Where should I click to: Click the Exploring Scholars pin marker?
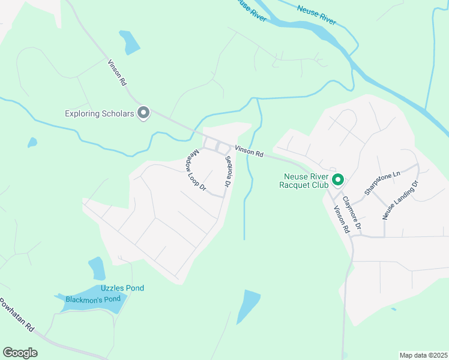pyautogui.click(x=143, y=112)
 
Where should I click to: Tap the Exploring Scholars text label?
pyautogui.click(x=99, y=113)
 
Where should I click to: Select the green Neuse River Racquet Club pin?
pyautogui.click(x=338, y=179)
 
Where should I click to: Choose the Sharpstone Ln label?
pyautogui.click(x=382, y=184)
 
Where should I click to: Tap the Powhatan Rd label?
pyautogui.click(x=17, y=315)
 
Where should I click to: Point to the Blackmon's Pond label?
pyautogui.click(x=94, y=299)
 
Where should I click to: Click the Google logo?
pyautogui.click(x=20, y=352)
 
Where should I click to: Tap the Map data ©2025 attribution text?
pyautogui.click(x=423, y=355)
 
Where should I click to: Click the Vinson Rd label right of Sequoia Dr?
pyautogui.click(x=249, y=153)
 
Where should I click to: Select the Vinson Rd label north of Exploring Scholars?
pyautogui.click(x=116, y=72)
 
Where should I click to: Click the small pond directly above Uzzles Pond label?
pyautogui.click(x=96, y=268)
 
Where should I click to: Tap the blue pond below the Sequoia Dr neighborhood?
pyautogui.click(x=249, y=306)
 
